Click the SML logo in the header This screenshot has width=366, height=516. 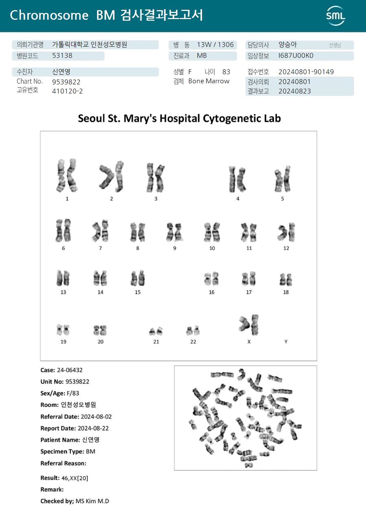coord(335,16)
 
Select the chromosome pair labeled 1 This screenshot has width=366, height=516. coord(67,175)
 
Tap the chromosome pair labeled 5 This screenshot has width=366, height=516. coord(282,179)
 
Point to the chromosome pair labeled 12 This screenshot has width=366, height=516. coord(286,232)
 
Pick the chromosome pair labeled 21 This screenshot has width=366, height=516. coord(156,331)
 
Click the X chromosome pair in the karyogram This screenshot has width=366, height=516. coord(249,324)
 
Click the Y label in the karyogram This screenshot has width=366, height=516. coord(286,342)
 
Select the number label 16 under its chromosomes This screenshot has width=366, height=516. coord(211,292)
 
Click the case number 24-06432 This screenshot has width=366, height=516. coord(70,370)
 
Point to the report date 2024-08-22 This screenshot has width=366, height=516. coord(93,428)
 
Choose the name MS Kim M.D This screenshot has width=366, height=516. coord(92,501)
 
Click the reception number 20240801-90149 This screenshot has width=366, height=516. coord(306,72)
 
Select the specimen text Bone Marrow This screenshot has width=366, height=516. coord(209,81)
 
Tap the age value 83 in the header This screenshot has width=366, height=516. coord(226,72)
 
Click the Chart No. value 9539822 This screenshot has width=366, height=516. coord(66,82)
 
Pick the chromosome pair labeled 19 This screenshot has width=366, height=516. coord(63,329)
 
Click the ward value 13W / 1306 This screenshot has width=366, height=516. coord(215,45)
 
